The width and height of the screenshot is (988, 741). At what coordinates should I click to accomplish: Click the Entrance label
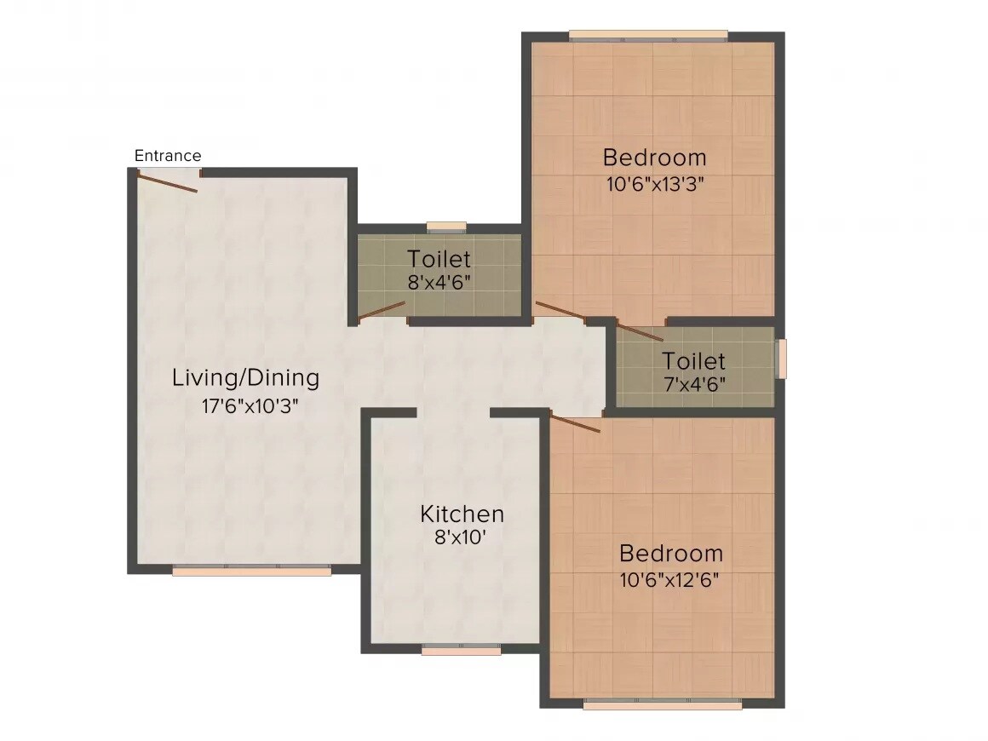click(168, 156)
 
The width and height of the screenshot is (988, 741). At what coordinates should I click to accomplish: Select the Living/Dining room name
click(245, 377)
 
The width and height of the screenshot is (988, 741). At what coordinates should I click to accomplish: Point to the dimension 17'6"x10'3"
click(250, 405)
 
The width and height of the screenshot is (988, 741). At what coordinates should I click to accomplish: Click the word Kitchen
click(462, 514)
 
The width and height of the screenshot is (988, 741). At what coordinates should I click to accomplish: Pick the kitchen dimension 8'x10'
click(462, 537)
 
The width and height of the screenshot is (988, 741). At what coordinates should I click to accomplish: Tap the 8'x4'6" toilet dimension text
click(439, 282)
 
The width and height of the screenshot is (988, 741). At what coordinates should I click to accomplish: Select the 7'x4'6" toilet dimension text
click(694, 384)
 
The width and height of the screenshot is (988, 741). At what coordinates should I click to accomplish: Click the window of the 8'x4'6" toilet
click(446, 227)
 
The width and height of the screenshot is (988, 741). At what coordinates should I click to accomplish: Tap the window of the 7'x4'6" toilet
click(781, 359)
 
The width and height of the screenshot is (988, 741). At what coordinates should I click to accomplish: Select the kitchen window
click(461, 650)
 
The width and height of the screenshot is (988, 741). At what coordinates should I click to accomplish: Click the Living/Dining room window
click(251, 571)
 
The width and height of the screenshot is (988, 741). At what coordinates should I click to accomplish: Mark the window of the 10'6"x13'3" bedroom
click(648, 36)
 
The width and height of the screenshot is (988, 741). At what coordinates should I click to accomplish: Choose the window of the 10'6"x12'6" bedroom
click(662, 704)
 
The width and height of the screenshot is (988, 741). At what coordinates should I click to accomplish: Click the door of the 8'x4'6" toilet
click(382, 310)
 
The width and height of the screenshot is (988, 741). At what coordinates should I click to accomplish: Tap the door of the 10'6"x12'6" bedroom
click(576, 423)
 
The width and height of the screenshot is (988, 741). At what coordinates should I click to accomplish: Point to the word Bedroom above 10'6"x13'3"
click(654, 158)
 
